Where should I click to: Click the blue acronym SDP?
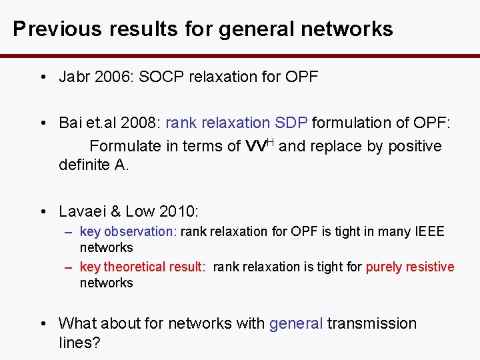[292, 123]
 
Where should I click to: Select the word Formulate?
[125, 146]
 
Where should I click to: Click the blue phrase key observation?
[128, 232]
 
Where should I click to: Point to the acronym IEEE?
[429, 232]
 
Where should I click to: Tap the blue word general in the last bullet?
[296, 323]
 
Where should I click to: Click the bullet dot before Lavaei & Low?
[43, 212]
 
